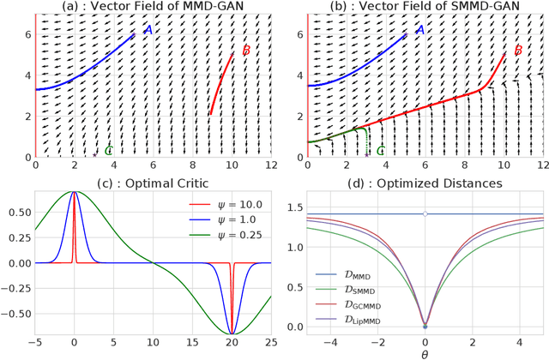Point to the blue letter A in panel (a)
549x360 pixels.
pos(147,30)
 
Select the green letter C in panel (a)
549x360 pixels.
pos(108,152)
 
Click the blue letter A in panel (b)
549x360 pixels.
pos(419,30)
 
